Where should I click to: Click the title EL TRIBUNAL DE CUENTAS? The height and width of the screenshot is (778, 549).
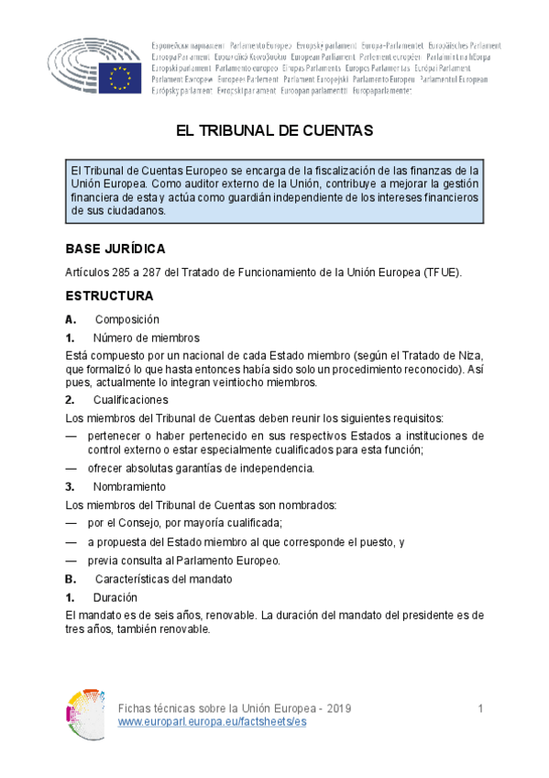tap(274, 131)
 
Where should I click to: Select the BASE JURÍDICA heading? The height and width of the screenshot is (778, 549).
tap(115, 250)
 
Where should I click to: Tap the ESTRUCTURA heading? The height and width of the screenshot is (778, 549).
tap(108, 296)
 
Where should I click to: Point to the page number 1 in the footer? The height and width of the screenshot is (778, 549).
tap(480, 710)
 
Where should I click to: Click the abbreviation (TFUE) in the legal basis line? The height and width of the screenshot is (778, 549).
tap(442, 272)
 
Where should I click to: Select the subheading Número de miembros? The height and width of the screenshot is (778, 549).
tap(146, 338)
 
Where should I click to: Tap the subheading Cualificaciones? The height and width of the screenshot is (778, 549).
tap(130, 400)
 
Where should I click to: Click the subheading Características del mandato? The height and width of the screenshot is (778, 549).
tap(163, 579)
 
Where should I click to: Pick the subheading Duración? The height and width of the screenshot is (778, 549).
tap(115, 597)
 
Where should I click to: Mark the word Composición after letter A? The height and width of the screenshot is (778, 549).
tap(126, 319)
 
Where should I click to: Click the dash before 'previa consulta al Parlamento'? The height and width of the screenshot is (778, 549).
tap(71, 561)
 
